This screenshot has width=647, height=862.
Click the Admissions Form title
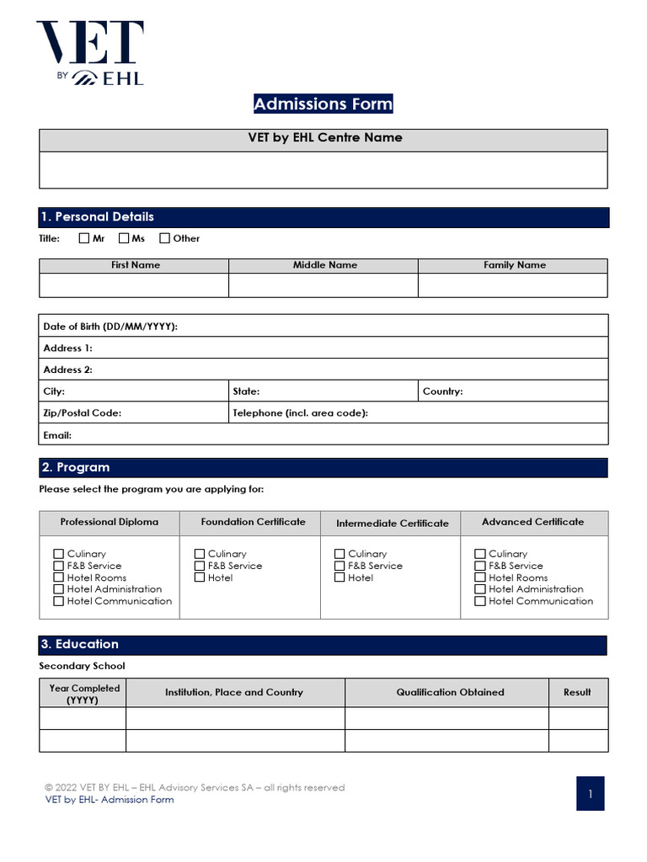323,104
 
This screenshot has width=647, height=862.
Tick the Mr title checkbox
84,238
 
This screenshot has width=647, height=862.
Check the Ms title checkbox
124,238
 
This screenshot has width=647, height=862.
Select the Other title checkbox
164,238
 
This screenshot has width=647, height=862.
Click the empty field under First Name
134,285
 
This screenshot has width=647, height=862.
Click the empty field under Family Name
513,285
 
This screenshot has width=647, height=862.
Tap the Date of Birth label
110,326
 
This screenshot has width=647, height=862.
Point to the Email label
57,435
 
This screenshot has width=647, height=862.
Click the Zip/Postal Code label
83,413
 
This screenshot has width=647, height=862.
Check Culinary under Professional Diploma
59,554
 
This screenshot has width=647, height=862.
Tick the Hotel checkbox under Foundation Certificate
200,577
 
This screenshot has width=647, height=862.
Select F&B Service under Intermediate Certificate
340,566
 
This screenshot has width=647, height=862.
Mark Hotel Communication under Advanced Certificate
480,601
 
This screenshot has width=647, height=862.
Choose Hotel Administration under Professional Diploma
59,589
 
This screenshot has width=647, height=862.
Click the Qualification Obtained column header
450,692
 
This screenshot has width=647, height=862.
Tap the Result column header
577,692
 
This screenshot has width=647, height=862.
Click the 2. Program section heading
76,467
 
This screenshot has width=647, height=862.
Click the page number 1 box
591,794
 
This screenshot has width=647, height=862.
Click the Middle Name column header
324,265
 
